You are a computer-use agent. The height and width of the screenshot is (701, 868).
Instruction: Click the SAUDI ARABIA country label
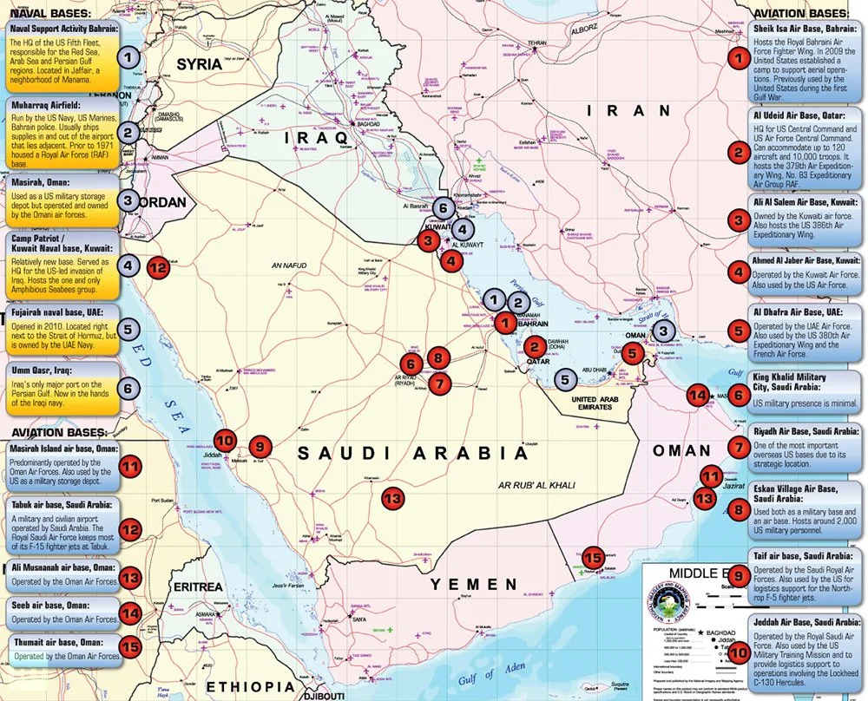[412, 453]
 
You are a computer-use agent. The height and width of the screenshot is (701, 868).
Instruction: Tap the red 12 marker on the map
[157, 267]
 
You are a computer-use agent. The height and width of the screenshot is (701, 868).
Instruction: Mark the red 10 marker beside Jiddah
[225, 441]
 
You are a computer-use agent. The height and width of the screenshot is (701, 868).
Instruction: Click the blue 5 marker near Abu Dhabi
[565, 378]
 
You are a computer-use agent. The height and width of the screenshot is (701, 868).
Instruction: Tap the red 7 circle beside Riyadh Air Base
[738, 449]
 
